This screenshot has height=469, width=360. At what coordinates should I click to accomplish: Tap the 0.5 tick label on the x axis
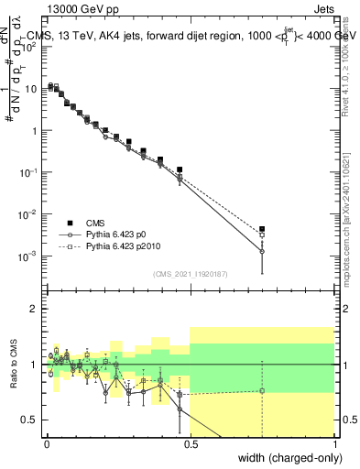coord(191,443)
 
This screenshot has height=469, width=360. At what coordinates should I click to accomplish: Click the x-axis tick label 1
coord(334,443)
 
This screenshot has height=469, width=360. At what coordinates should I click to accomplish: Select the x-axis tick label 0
coord(47,443)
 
